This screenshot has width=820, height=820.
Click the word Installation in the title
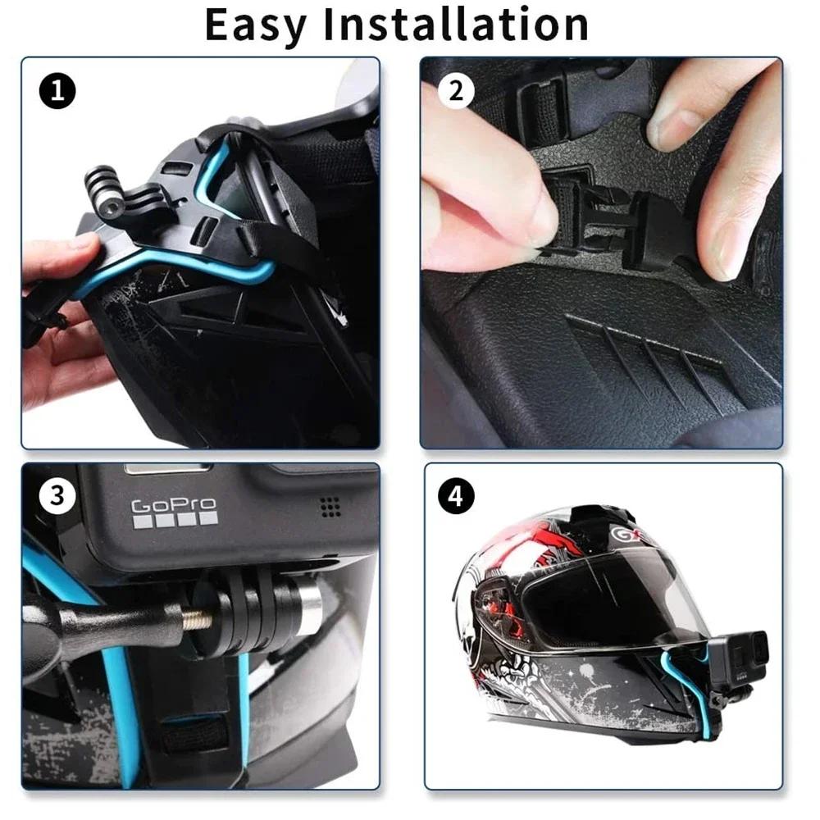click(455, 25)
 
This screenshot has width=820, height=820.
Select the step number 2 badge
click(457, 91)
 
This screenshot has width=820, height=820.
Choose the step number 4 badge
click(457, 495)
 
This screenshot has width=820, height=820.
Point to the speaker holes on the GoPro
click(330, 506)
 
